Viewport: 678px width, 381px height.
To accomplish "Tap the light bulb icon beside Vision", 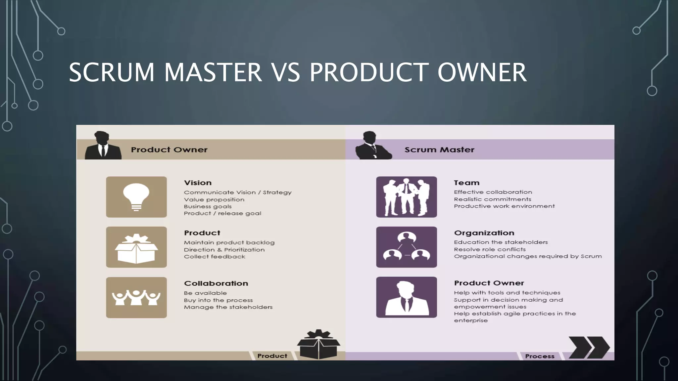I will [x=136, y=197].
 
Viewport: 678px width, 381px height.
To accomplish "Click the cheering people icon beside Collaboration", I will [x=136, y=298].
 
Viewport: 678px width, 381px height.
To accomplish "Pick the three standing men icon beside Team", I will [x=406, y=197].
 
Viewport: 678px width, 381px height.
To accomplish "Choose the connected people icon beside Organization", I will [x=406, y=247].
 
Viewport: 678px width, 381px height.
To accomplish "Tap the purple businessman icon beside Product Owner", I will [x=406, y=297].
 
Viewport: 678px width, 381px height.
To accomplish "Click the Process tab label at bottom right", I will [x=539, y=356].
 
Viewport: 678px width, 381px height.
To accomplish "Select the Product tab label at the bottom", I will [x=272, y=356].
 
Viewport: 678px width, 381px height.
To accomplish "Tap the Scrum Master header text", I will [x=439, y=150].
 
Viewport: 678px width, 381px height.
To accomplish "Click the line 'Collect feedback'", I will [x=215, y=257].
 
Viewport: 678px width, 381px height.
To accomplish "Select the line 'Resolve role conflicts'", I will [x=490, y=249].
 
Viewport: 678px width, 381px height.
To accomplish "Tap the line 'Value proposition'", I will [x=214, y=200].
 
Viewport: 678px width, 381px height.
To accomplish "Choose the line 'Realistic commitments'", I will [x=492, y=199].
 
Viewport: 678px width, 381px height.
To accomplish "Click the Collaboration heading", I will [x=216, y=283].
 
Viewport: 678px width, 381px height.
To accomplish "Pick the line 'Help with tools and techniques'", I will [x=507, y=293].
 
